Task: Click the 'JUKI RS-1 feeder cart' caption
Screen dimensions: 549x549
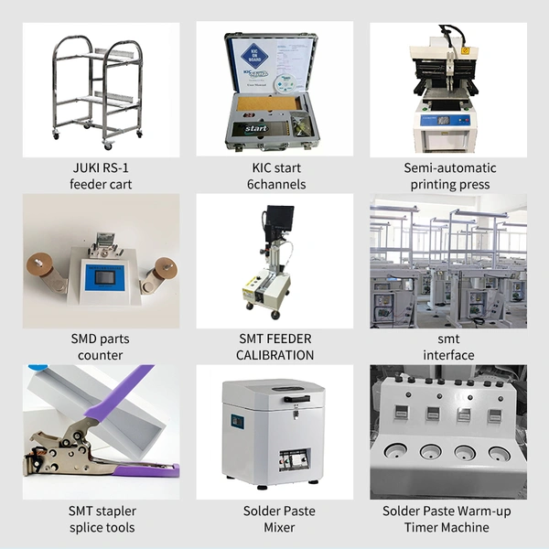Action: (x=101, y=176)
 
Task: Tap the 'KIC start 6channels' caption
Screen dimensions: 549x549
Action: (x=276, y=176)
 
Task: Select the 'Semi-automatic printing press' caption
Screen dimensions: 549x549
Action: (x=450, y=176)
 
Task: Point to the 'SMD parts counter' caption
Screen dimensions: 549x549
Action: (x=100, y=347)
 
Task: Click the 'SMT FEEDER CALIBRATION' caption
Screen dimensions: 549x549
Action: (x=274, y=347)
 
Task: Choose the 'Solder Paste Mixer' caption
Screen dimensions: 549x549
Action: (x=279, y=519)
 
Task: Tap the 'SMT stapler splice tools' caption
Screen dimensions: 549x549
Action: (x=102, y=519)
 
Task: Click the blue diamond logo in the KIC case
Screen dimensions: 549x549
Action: (x=254, y=56)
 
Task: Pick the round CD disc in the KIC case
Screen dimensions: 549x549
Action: (x=286, y=83)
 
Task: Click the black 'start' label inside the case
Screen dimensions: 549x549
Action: (x=256, y=128)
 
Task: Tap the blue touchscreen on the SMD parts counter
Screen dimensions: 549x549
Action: (x=104, y=278)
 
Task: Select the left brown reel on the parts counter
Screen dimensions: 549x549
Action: (x=39, y=265)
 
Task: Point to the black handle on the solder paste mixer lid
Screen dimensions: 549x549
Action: (x=296, y=399)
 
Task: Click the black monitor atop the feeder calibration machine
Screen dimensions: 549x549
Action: (x=280, y=218)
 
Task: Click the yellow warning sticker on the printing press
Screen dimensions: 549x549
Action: (x=465, y=50)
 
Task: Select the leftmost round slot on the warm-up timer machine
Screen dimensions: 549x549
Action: (x=395, y=451)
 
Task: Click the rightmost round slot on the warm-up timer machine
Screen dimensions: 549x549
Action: (x=500, y=454)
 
